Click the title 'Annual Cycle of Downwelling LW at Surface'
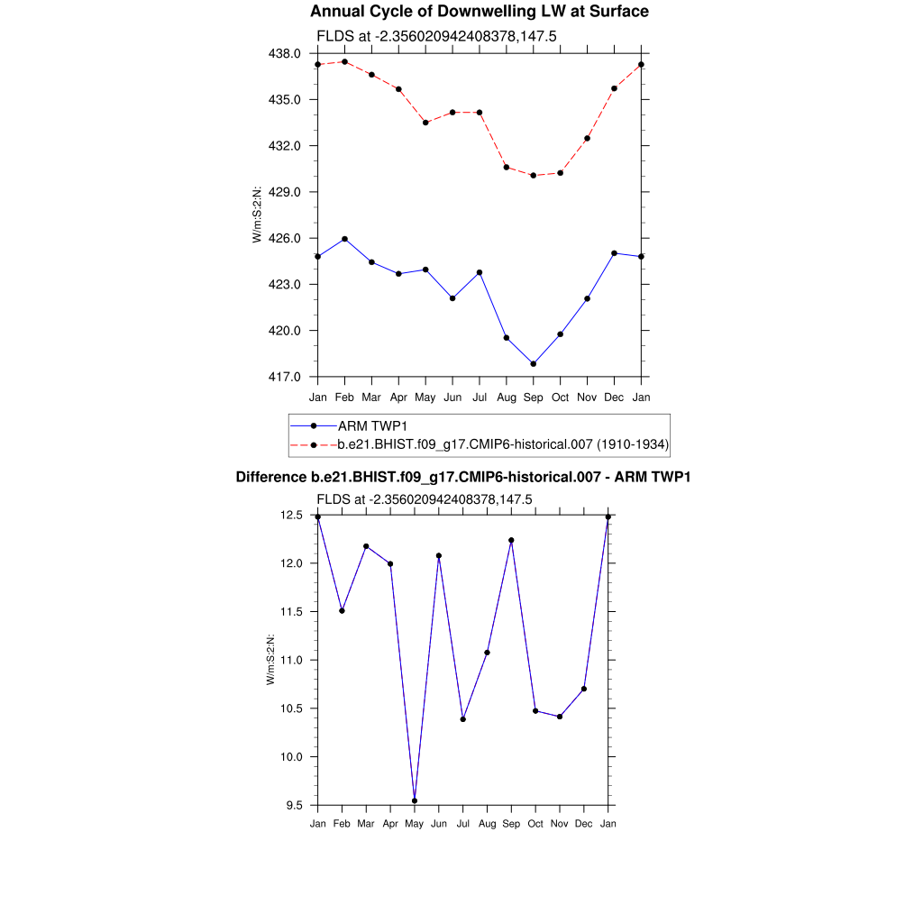pyautogui.click(x=479, y=12)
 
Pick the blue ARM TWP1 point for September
pyautogui.click(x=534, y=364)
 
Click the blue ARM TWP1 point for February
pyautogui.click(x=345, y=239)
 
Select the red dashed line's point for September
pyautogui.click(x=534, y=176)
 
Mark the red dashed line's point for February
pyautogui.click(x=345, y=61)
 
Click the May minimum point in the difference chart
pyautogui.click(x=415, y=800)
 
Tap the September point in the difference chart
pyautogui.click(x=512, y=541)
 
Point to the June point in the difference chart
pyautogui.click(x=439, y=556)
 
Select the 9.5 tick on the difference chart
pyautogui.click(x=294, y=805)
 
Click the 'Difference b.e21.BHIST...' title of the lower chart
pyautogui.click(x=462, y=477)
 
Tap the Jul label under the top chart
pyautogui.click(x=480, y=397)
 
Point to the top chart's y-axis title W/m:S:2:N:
pyautogui.click(x=257, y=215)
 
